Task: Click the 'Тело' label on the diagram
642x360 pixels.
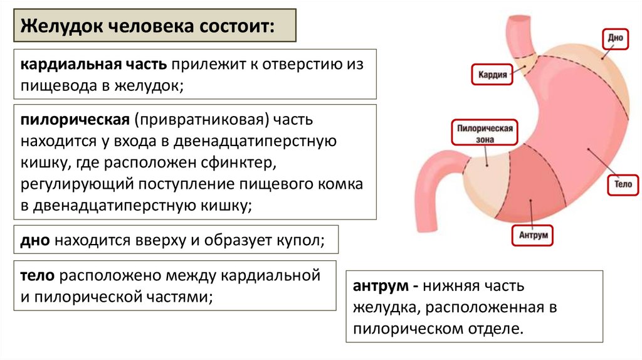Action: click(x=623, y=184)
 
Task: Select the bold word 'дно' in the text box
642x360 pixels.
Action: click(x=35, y=240)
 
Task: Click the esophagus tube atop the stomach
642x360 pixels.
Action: click(x=520, y=31)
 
